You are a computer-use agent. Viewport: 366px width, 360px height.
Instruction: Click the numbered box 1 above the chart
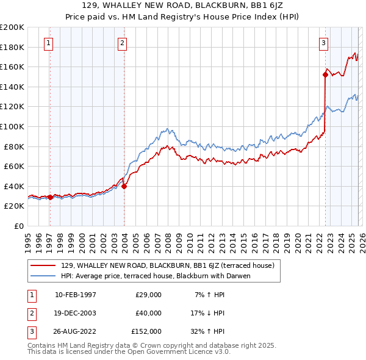[x=48, y=43]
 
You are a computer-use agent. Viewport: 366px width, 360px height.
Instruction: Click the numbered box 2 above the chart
[x=123, y=43]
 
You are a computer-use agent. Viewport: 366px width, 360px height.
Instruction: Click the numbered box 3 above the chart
[x=323, y=43]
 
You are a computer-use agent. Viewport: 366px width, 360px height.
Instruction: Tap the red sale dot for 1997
[x=50, y=197]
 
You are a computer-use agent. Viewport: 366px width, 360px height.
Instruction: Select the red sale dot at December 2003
[x=124, y=187]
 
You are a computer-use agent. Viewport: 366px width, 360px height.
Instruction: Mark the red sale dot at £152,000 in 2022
[x=325, y=75]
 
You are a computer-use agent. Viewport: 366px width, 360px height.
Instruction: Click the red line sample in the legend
[x=43, y=265]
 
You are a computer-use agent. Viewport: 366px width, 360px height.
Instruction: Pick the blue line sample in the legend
[x=43, y=276]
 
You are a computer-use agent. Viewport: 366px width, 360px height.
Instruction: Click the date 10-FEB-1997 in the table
[x=75, y=295]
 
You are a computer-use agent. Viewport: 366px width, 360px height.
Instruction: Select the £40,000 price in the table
[x=148, y=313]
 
